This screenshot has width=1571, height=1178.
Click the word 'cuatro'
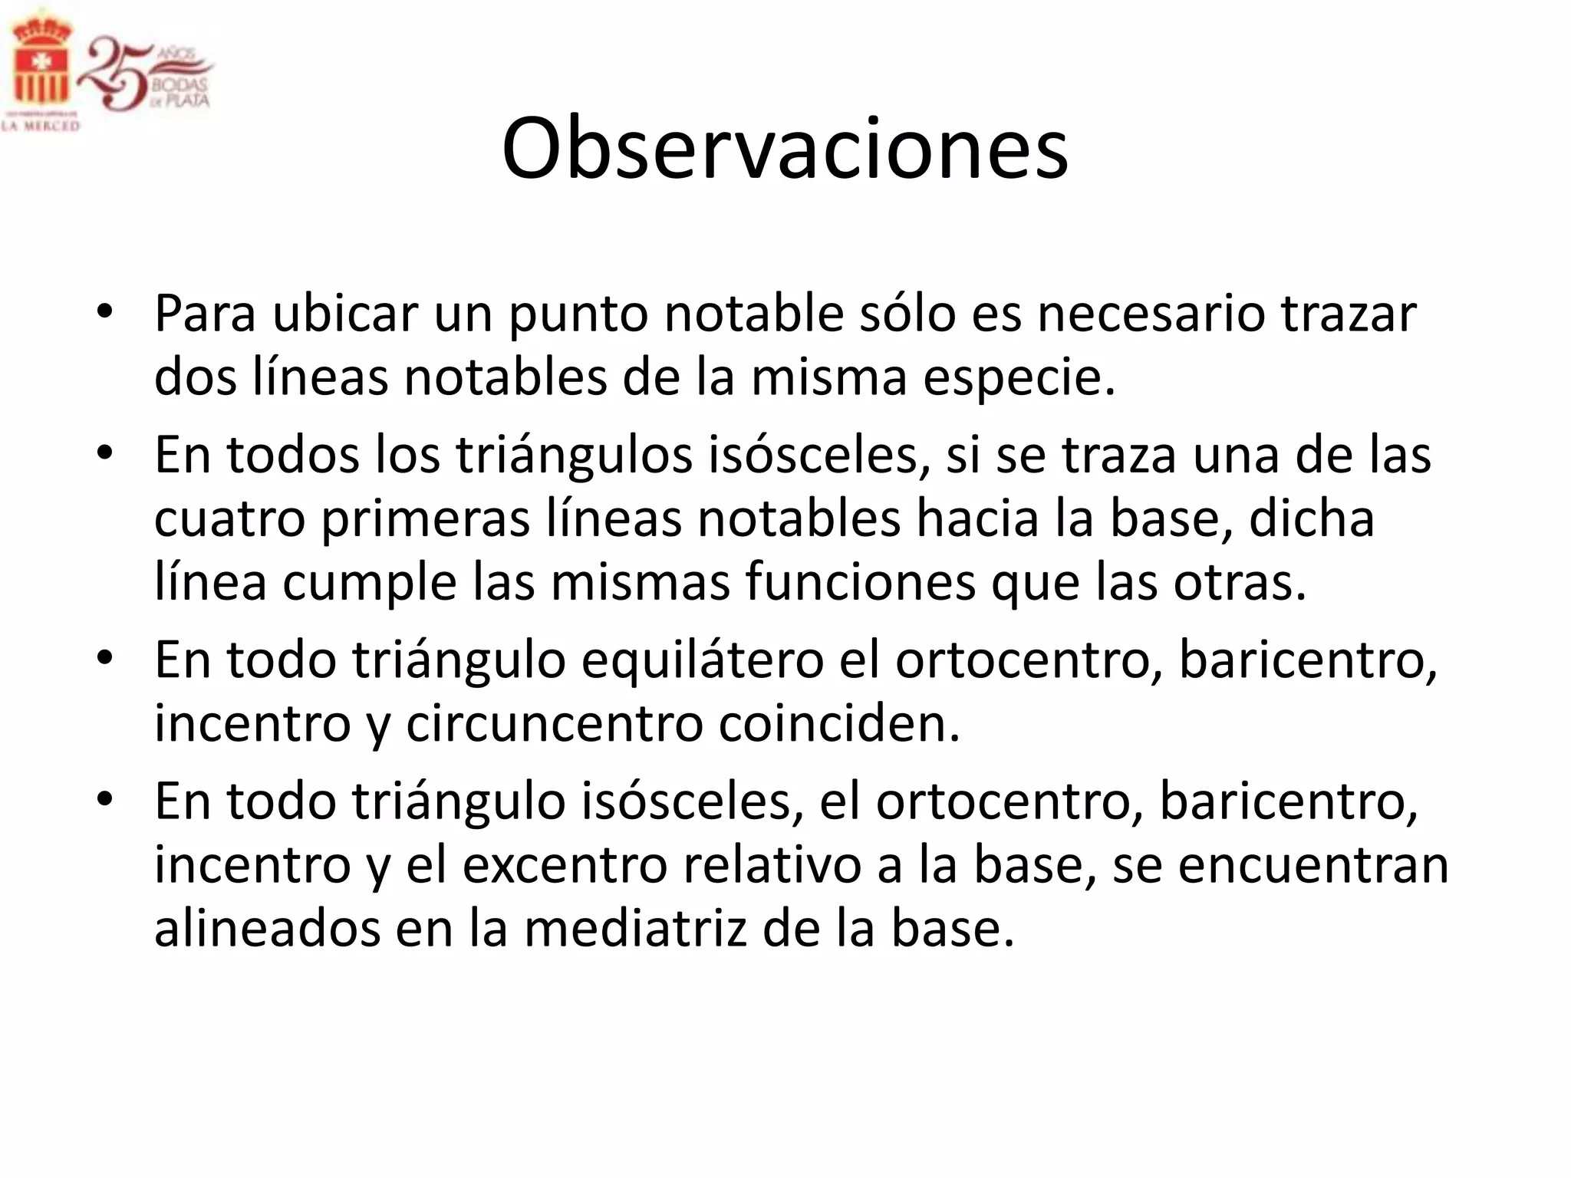click(x=230, y=519)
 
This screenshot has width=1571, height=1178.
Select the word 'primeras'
click(x=426, y=519)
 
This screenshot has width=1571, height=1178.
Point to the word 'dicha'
click(x=1312, y=519)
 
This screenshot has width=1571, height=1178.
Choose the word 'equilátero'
click(x=702, y=660)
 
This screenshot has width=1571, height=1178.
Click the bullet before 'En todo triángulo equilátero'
click(x=105, y=658)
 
